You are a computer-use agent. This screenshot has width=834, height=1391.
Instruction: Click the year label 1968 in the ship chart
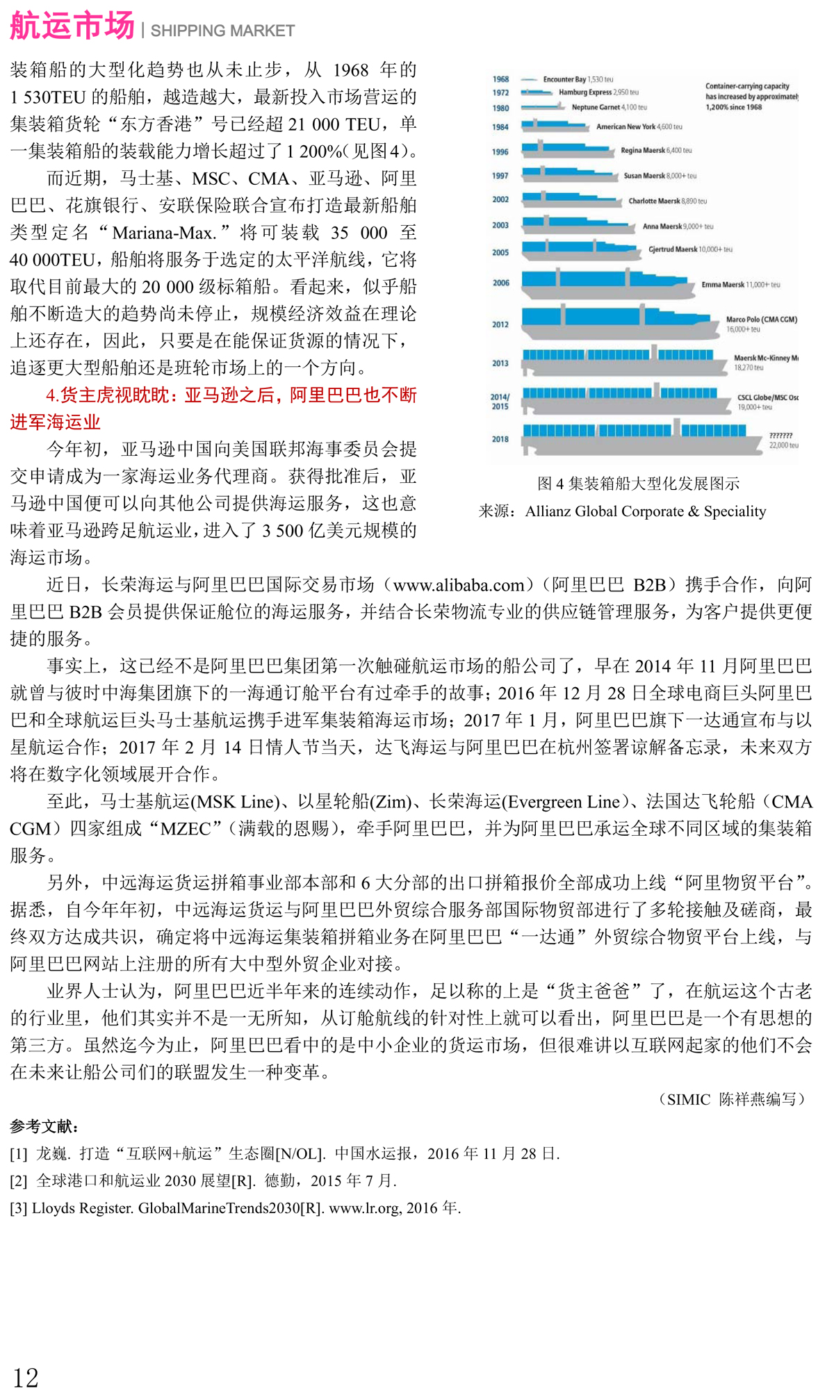click(500, 79)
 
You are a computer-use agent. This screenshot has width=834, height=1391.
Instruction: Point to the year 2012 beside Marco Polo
click(500, 324)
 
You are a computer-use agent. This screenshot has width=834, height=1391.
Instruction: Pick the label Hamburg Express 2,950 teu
click(598, 92)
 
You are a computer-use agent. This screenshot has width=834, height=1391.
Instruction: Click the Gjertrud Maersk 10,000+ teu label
click(689, 249)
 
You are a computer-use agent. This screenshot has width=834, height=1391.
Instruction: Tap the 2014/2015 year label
click(500, 402)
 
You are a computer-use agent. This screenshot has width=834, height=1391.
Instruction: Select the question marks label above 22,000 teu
click(780, 436)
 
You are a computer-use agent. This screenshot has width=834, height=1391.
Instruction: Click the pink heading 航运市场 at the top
click(72, 26)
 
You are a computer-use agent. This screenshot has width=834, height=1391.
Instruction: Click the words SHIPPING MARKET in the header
click(222, 31)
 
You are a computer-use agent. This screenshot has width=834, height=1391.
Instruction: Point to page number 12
click(26, 1376)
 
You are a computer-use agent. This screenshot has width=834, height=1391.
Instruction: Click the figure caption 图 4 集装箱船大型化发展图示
click(638, 484)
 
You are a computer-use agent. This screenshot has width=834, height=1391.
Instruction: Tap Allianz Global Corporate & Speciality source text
click(645, 511)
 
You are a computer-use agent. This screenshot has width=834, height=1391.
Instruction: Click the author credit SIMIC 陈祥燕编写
click(733, 1099)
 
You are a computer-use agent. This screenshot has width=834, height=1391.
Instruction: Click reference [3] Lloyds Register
click(235, 1208)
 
